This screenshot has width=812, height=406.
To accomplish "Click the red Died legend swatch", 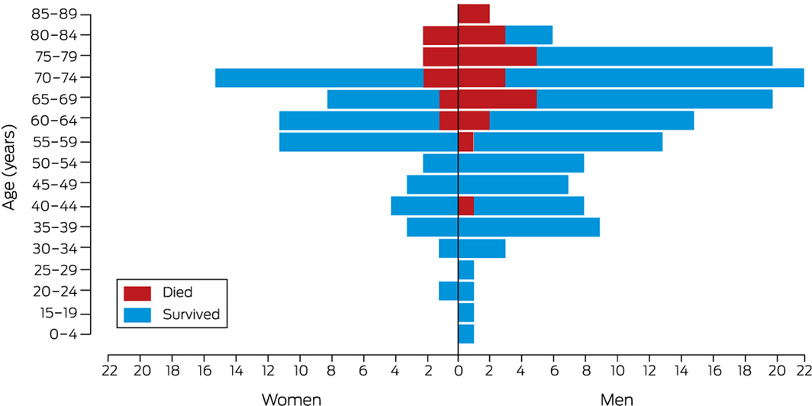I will [138, 292].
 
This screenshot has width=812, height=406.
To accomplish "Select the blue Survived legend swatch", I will [138, 314].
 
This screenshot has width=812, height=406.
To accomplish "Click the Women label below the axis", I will [291, 398].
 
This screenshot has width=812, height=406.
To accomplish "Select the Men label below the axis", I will [617, 398].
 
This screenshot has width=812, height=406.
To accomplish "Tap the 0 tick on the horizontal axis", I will [458, 372].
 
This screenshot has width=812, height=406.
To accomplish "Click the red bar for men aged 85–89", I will [474, 14].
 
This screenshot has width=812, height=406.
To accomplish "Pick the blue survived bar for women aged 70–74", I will [319, 78].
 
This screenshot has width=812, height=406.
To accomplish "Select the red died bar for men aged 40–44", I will [466, 206].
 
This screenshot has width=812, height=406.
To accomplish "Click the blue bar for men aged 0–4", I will [466, 334].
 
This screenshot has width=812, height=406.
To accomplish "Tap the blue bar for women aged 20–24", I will [448, 291].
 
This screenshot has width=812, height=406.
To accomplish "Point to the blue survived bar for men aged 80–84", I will [529, 35].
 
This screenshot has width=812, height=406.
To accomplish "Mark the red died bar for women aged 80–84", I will [440, 35].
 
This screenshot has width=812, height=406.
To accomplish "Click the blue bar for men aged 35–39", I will [529, 227].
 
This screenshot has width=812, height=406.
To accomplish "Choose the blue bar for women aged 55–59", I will [368, 142].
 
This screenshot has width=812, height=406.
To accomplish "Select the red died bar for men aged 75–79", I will [498, 56].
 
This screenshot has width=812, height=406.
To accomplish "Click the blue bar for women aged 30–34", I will [448, 248].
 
